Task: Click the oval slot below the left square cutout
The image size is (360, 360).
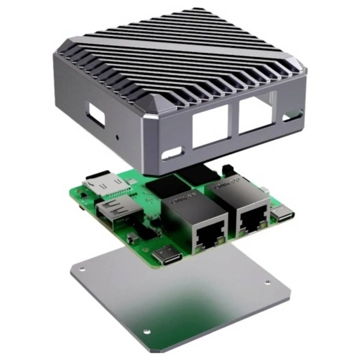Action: pyautogui.click(x=172, y=154)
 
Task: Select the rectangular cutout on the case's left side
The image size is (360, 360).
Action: pyautogui.click(x=95, y=115)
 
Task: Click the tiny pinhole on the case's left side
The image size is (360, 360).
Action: pyautogui.click(x=117, y=137)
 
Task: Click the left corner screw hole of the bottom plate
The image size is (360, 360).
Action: pyautogui.click(x=82, y=269)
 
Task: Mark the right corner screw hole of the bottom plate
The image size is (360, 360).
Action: pyautogui.click(x=267, y=283)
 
